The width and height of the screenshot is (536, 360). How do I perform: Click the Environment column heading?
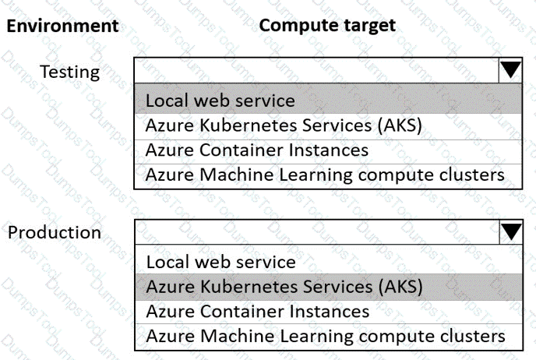tap(62, 26)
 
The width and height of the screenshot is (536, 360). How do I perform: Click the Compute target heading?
tap(327, 26)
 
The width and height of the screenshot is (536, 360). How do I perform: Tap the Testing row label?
tap(70, 72)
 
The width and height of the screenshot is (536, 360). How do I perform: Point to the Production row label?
tap(55, 232)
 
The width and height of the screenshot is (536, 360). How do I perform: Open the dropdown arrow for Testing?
tap(510, 70)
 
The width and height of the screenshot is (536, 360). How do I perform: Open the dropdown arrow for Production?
tap(511, 232)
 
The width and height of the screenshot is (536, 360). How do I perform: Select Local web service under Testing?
tap(220, 101)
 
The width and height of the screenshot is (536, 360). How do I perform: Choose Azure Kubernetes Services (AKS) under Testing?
tap(284, 125)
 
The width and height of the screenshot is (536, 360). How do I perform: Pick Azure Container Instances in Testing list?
tap(257, 150)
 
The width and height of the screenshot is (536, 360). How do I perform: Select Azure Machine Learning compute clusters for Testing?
tap(325, 175)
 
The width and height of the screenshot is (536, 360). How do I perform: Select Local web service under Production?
tap(220, 263)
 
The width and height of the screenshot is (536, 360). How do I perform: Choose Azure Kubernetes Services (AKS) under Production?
tap(284, 287)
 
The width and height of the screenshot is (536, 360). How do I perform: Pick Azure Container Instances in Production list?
tap(258, 312)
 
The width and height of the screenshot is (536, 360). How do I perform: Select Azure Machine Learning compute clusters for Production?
tap(326, 337)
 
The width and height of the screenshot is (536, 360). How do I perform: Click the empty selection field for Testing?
tap(316, 70)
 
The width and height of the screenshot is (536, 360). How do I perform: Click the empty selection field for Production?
tap(317, 232)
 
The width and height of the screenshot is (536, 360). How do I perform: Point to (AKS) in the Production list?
tap(400, 287)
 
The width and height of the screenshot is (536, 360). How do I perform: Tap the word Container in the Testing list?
tap(242, 150)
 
